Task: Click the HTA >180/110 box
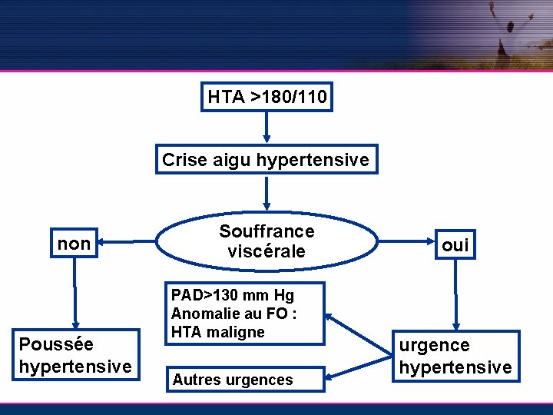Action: pos(267,98)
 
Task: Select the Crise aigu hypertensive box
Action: pos(267,160)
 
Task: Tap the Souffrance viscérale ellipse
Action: pos(267,241)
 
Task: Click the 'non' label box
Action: pos(75,244)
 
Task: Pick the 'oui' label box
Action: pos(455,245)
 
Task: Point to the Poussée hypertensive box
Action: pos(75,356)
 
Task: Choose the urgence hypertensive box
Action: pos(455,357)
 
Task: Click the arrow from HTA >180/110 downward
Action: pos(267,127)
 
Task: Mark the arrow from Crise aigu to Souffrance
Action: pos(267,192)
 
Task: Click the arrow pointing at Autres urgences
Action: pos(357,366)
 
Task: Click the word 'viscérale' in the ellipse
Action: pos(267,251)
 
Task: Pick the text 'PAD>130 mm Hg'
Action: pos(233,295)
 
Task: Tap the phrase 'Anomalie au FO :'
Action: pos(234,314)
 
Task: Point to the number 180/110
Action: pos(294,98)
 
